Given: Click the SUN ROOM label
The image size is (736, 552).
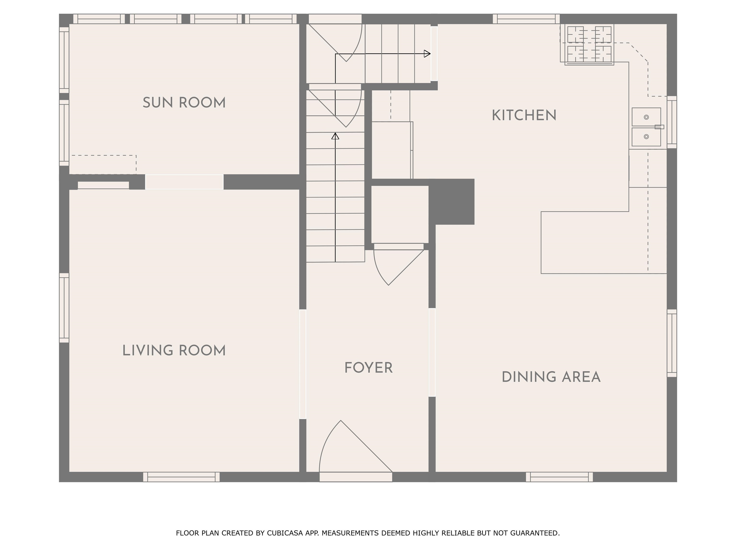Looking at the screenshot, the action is (184, 103).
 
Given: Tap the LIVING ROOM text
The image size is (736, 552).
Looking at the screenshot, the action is (174, 351).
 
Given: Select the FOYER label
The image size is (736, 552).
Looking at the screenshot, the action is (368, 368).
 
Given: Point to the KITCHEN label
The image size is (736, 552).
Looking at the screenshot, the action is (524, 115).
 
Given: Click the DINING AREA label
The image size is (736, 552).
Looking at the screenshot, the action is (551, 377).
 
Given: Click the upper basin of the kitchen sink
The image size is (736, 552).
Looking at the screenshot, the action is (646, 117).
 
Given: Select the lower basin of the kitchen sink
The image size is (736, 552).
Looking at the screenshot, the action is (646, 137).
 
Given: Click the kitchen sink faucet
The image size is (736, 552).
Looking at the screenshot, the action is (659, 127).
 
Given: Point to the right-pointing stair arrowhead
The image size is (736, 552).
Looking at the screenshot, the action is (427, 54).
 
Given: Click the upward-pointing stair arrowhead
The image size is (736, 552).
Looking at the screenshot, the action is (335, 136).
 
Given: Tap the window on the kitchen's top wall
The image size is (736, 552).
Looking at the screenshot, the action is (526, 19).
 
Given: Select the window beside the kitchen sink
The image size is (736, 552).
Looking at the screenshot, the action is (672, 122).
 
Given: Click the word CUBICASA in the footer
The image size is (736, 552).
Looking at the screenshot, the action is (285, 533).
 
